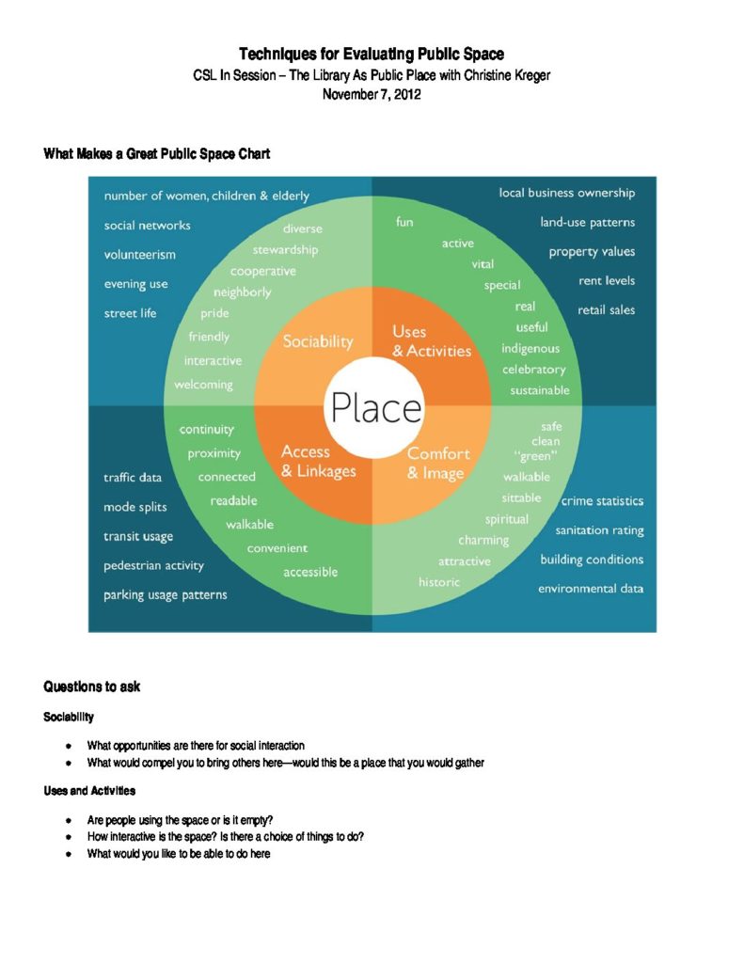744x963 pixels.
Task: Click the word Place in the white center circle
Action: click(373, 408)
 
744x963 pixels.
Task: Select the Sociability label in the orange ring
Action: click(318, 341)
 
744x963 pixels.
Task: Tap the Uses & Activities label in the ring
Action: click(431, 341)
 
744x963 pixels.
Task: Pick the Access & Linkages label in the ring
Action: click(318, 462)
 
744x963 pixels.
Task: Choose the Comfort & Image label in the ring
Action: click(438, 464)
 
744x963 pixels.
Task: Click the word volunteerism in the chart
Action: click(139, 255)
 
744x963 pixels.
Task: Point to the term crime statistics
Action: click(602, 501)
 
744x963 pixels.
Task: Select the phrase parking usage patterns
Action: click(165, 595)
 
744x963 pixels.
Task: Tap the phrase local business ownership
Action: click(566, 193)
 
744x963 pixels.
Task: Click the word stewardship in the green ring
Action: click(285, 250)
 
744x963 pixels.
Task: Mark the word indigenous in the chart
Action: click(530, 349)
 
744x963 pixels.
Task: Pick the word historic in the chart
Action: click(439, 582)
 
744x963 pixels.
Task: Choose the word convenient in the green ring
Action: click(277, 548)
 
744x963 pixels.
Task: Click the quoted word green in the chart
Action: click(536, 458)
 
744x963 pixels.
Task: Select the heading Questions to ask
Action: click(92, 687)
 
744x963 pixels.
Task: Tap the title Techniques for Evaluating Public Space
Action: click(371, 55)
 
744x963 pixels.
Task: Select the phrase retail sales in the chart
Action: click(606, 309)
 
